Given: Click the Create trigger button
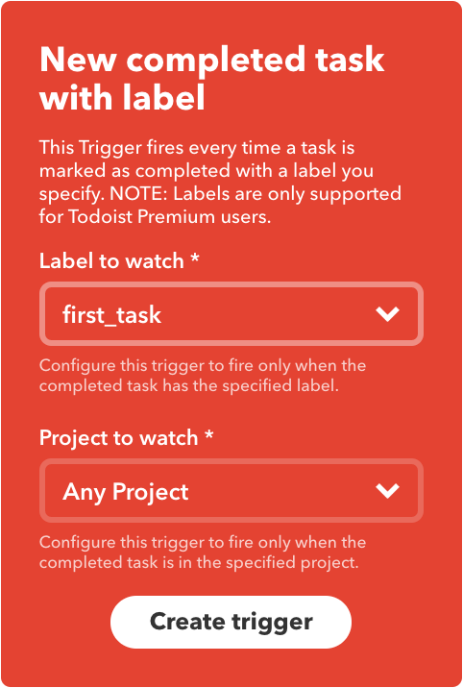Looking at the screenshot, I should point(231,622).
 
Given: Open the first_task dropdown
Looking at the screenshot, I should point(231,313).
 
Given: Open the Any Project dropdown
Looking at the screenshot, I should point(231,491).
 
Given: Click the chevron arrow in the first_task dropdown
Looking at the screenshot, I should point(387,313).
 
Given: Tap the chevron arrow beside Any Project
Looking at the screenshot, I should point(387,491).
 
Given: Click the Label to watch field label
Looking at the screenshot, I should point(112,260).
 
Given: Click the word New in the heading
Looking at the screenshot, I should point(77,61).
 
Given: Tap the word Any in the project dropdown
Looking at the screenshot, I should point(85,492).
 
